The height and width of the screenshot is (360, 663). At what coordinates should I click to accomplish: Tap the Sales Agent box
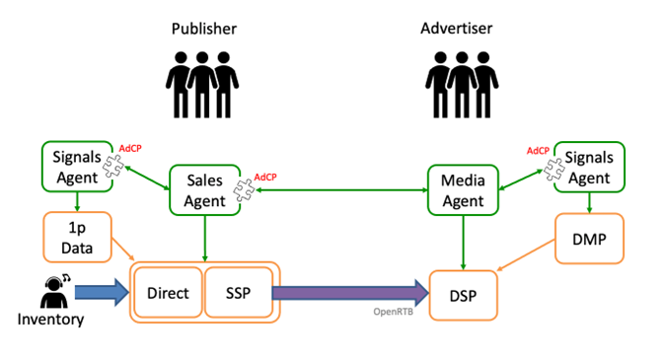(204, 189)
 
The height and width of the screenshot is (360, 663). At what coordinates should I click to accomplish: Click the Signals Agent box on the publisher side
(76, 166)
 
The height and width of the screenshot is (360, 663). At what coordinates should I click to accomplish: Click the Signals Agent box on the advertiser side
(590, 167)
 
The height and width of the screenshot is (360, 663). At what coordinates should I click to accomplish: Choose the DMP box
(590, 241)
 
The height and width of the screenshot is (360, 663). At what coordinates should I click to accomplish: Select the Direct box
(168, 293)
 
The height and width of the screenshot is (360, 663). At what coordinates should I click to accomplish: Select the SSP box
(238, 293)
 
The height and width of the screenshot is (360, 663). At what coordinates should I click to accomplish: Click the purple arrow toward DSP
(350, 292)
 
